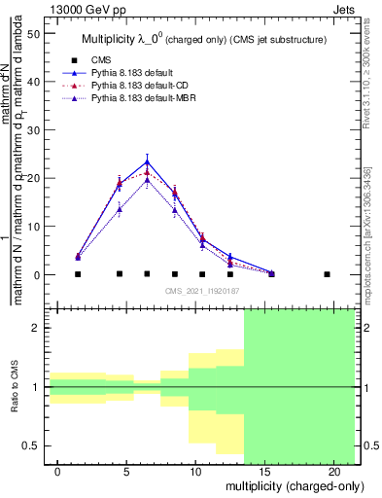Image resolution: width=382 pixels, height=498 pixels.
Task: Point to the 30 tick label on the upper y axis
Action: pos(33,130)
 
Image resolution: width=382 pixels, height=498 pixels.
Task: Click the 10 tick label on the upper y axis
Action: pos(33,227)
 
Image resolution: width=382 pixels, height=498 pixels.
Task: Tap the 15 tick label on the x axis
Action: pos(264,472)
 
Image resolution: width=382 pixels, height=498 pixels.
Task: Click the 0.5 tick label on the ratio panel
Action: pos(31,445)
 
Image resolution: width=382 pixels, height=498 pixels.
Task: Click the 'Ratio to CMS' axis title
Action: pos(15,387)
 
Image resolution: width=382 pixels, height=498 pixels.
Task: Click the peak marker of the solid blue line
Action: pos(147,161)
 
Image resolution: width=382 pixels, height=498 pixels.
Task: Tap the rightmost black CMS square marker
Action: pos(327,274)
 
